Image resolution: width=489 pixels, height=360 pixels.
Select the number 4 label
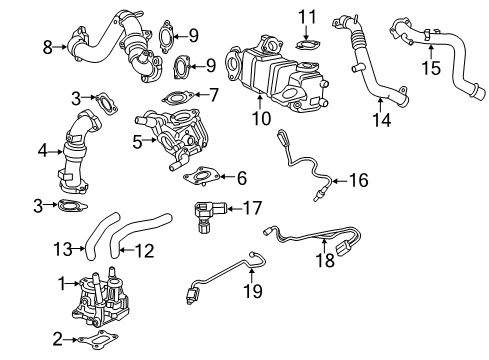point(42,152)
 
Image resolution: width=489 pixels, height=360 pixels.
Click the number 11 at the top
point(310,16)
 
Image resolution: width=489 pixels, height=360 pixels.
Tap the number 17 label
point(252,208)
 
